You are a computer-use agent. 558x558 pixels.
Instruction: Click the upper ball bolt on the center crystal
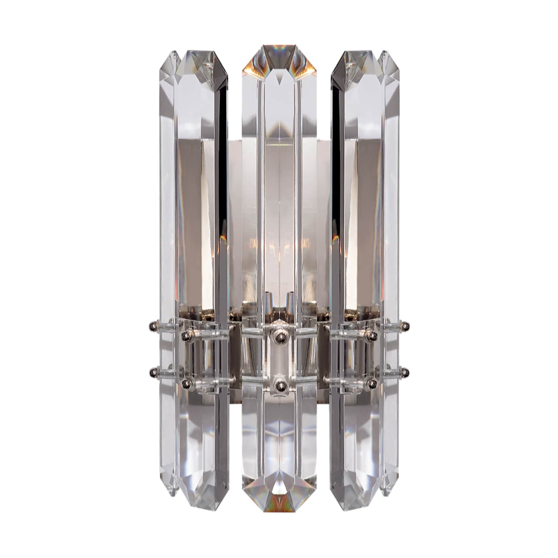279,337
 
